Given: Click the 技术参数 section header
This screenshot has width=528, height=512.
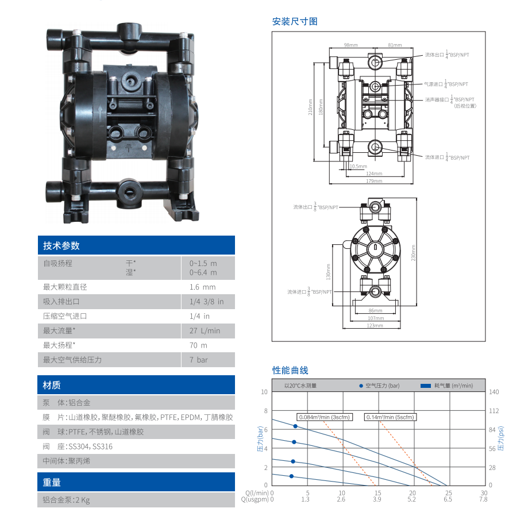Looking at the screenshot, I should click(61, 246).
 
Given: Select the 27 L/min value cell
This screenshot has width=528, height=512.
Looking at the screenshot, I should click(205, 330).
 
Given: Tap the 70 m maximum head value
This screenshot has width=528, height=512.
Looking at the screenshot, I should click(198, 345).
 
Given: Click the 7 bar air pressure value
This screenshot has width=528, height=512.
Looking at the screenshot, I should click(199, 360).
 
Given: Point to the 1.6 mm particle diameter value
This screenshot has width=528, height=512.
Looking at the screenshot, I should click(202, 287).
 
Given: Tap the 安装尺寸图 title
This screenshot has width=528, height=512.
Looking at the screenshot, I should click(295, 21).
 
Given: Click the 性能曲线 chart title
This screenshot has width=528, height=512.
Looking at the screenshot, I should click(290, 370).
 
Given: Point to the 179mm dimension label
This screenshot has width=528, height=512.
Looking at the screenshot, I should click(373, 181).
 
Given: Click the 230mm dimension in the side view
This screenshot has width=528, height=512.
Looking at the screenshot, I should click(413, 255).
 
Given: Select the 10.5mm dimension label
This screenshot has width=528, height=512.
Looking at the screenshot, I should click(358, 166).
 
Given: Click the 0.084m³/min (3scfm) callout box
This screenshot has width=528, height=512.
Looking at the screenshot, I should click(325, 417).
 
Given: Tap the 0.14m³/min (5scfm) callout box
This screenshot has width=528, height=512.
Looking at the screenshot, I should click(390, 417).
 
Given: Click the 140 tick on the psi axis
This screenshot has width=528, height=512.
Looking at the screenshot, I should click(494, 392).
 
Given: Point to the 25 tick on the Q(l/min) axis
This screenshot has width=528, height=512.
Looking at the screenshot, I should click(449, 493).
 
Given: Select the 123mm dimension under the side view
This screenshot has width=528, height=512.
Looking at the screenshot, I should click(374, 325).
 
